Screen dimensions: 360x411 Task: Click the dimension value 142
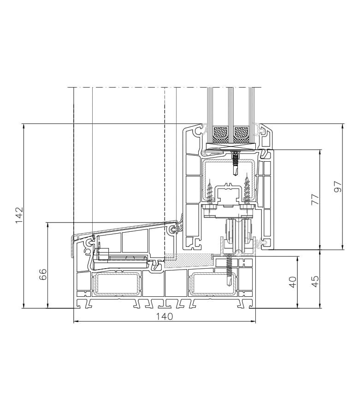19,215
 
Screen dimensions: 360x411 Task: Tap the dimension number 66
43,275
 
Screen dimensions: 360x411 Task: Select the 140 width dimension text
165,317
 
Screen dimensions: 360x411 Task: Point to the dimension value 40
292,282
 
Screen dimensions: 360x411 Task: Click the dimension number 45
315,281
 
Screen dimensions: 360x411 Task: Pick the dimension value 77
315,199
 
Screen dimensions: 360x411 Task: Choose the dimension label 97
338,187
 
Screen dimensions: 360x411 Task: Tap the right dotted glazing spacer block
241,132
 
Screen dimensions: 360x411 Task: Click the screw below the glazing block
236,163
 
